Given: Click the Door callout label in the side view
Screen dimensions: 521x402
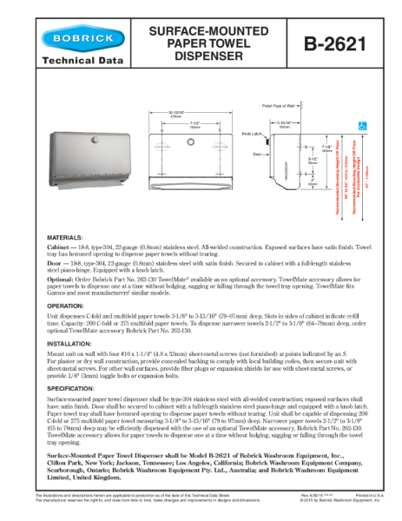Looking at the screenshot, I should pos(257,153).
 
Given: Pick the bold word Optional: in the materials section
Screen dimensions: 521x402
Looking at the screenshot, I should pos(62,280).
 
